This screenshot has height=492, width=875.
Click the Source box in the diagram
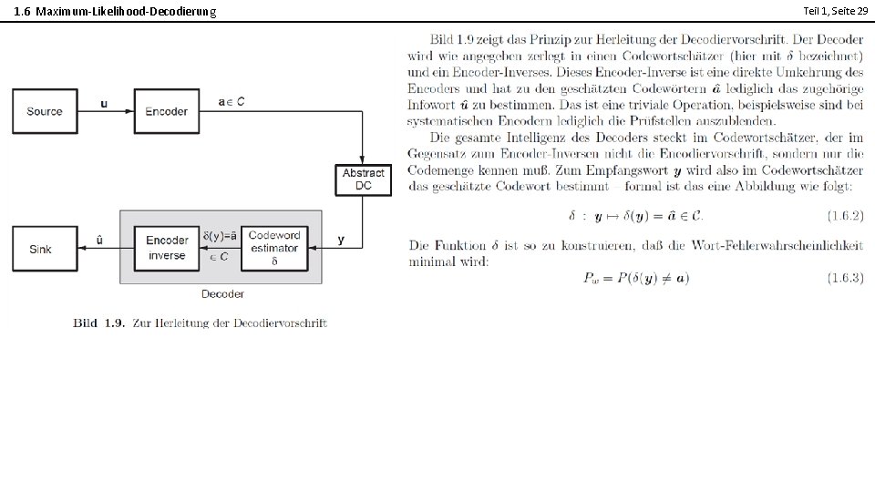(x=45, y=111)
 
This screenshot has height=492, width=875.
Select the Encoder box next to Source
(x=167, y=111)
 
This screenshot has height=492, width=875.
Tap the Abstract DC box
(x=364, y=179)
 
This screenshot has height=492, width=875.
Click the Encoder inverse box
(x=167, y=248)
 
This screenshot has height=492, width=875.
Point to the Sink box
(x=41, y=249)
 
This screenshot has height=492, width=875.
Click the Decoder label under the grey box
(x=222, y=293)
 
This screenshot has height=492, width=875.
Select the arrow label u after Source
(x=104, y=103)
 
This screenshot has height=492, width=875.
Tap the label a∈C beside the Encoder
(x=231, y=102)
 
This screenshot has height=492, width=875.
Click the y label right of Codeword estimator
(x=341, y=239)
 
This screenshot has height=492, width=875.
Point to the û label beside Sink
(x=99, y=240)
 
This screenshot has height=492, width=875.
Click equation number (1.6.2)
(x=845, y=216)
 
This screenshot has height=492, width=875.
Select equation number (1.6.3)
(x=845, y=278)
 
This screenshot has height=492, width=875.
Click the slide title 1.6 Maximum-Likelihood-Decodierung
(x=116, y=11)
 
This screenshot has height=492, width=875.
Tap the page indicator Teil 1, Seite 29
(x=834, y=10)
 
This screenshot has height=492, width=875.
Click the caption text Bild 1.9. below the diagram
(x=98, y=323)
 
